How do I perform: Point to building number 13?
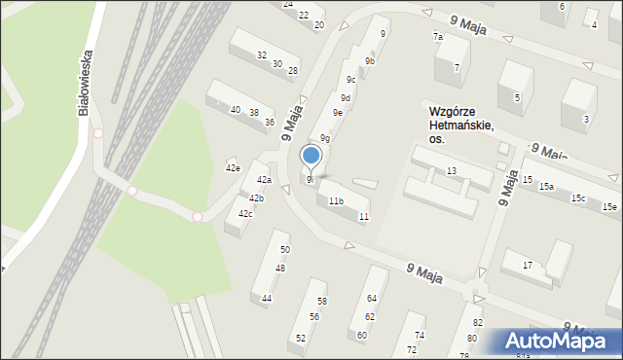[x=452, y=171]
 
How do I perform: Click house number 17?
[x=528, y=265]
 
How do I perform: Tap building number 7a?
[x=438, y=37]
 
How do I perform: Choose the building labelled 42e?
[x=232, y=168]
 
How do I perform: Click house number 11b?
[x=335, y=201]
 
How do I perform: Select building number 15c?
[x=578, y=198]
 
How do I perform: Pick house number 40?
[x=235, y=110]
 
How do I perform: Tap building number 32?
[x=262, y=55]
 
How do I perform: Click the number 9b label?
[x=370, y=61]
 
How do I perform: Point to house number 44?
[x=267, y=298]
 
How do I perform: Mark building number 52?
[x=301, y=338]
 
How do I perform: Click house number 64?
[x=371, y=298]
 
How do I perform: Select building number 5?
[x=518, y=97]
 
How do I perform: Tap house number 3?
[x=586, y=120]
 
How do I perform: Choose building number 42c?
[x=245, y=214]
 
